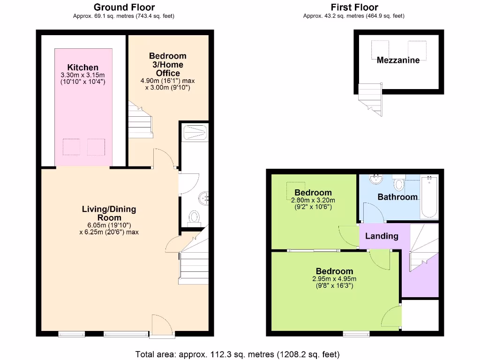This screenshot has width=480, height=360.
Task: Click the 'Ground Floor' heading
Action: point(124,7)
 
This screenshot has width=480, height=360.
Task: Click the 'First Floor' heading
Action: point(354,7)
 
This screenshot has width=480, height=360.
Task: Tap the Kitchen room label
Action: point(82,67)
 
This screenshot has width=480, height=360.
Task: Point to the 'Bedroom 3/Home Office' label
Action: point(168,65)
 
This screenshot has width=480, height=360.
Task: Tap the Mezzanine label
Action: point(398,60)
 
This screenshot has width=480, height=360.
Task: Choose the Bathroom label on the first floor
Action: point(397,197)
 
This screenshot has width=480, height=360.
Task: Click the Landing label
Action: point(382,236)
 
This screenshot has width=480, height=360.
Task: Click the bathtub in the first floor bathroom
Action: point(429,198)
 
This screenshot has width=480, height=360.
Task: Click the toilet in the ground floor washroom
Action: point(194,217)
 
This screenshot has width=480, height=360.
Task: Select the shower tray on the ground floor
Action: point(194,132)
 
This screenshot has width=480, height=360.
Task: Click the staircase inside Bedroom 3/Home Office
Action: point(141,119)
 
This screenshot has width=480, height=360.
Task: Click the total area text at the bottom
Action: point(237,354)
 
